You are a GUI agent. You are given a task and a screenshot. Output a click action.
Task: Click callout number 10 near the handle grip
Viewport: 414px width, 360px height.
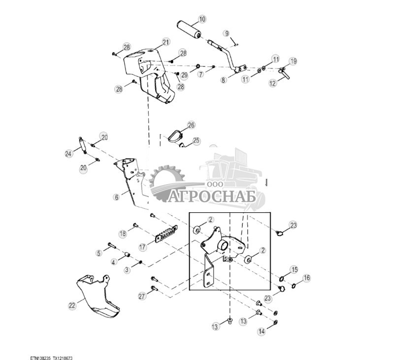point(202,20)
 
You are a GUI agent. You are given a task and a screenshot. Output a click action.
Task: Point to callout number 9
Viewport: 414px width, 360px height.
point(226,33)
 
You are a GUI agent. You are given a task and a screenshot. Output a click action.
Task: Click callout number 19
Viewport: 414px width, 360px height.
point(293,62)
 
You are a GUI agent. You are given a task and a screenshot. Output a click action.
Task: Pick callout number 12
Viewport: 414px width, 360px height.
point(272,84)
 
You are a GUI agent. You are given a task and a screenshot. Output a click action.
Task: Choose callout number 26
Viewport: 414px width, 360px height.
point(191,125)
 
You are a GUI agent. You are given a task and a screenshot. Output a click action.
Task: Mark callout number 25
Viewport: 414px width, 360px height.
point(196,141)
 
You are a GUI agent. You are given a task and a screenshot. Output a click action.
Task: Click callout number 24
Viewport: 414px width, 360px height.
point(68,154)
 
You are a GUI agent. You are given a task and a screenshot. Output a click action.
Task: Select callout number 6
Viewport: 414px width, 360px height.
point(116,197)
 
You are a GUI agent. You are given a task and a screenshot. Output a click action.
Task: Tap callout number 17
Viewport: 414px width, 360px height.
point(143,247)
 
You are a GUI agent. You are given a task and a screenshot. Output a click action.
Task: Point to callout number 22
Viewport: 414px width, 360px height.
point(72,305)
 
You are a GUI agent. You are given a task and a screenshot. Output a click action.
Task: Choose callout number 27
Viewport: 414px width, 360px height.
point(142,296)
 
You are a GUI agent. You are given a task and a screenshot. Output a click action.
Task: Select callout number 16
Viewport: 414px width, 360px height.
point(307,278)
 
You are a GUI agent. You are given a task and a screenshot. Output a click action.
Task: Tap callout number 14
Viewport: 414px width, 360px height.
point(262,332)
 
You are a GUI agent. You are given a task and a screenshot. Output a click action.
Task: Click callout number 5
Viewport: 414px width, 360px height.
point(98,253)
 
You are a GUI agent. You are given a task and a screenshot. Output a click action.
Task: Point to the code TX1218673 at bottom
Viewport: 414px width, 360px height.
point(66,359)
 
